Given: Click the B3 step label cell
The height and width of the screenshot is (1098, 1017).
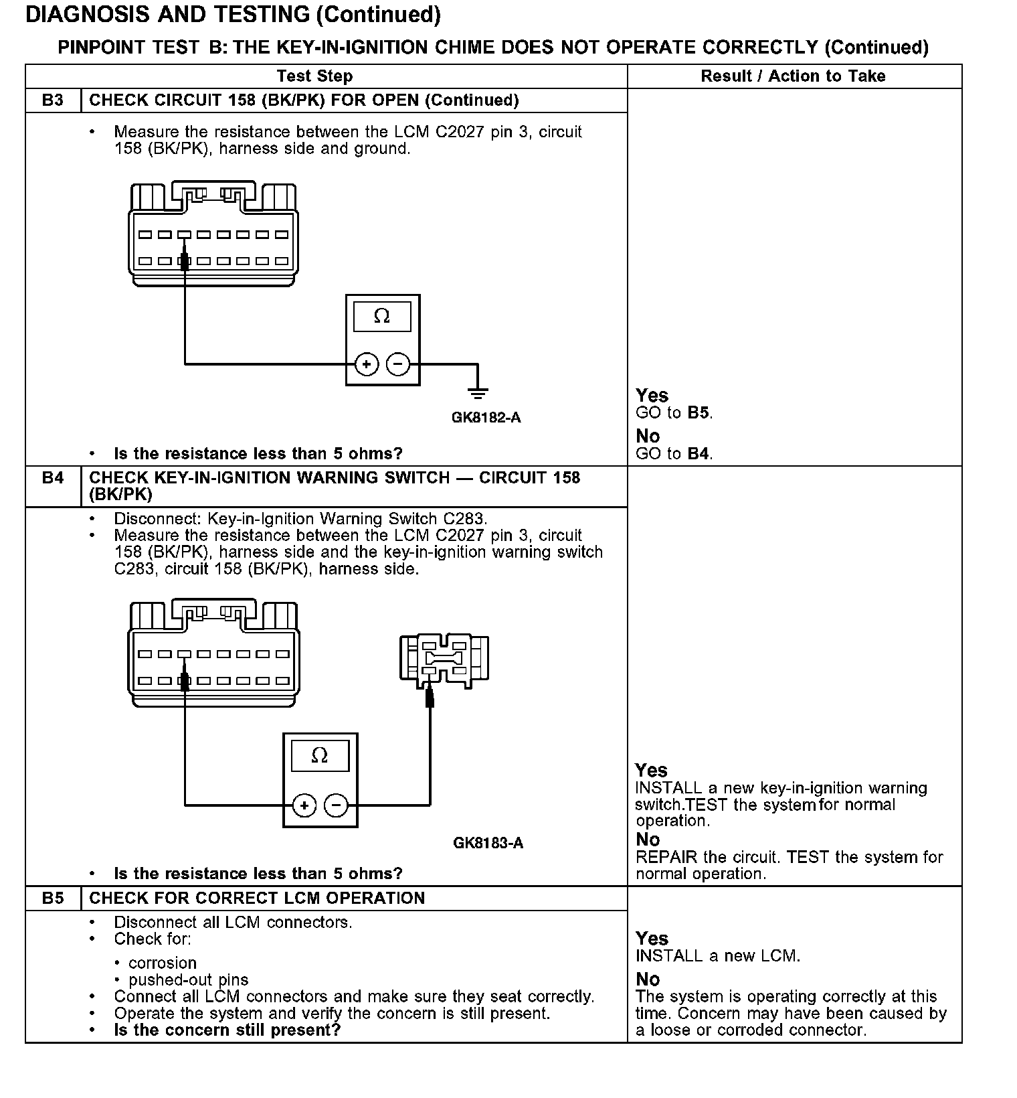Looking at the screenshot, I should (53, 100).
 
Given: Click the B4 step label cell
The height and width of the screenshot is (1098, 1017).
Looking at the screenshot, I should (53, 478).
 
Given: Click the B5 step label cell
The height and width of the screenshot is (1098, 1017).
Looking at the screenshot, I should (53, 898).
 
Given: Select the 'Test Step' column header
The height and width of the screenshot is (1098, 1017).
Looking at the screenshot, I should (314, 76).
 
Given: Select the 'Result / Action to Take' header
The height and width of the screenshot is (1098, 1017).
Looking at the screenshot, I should (793, 76).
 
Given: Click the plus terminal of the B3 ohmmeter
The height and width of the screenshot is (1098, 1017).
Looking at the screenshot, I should (366, 364).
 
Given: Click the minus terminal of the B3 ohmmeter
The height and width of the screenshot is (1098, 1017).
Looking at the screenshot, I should (398, 364).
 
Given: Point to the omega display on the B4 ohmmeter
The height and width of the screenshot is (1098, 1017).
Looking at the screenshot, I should (320, 756).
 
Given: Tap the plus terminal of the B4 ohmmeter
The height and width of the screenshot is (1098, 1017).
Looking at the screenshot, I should (304, 805).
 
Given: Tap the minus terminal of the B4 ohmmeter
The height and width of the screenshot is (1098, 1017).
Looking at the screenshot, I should (336, 805).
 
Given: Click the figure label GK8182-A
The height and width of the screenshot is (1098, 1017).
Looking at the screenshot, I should (486, 418).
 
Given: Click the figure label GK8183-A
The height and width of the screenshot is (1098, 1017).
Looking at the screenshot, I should (488, 843).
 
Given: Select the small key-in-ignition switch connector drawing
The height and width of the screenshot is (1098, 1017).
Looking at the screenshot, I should (444, 659).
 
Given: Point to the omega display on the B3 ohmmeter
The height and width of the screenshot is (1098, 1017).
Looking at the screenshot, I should (382, 316).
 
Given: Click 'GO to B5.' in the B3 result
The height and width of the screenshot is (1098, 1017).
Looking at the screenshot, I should (674, 413).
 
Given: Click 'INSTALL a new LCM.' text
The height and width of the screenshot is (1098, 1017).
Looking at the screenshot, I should (717, 956).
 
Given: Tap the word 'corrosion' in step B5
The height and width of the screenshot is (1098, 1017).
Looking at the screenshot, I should (163, 963).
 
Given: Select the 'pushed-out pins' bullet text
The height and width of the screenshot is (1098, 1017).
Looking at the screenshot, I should (188, 980).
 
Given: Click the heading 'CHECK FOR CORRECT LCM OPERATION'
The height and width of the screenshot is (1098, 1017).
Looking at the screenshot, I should (257, 898).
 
